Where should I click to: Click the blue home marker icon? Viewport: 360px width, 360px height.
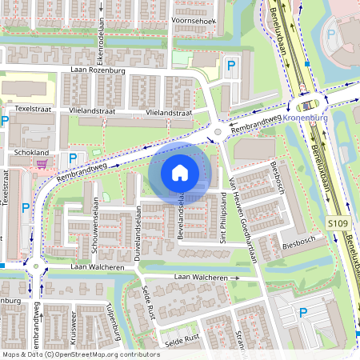pos(180,172)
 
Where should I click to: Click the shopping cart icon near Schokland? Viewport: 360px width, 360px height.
pos(41,162)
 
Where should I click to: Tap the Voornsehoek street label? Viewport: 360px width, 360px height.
pos(195,22)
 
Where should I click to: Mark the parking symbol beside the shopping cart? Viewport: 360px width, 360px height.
pos(73,158)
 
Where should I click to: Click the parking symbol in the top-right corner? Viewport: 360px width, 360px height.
pos(331,35)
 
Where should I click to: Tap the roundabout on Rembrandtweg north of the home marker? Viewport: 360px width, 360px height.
pos(218,132)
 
